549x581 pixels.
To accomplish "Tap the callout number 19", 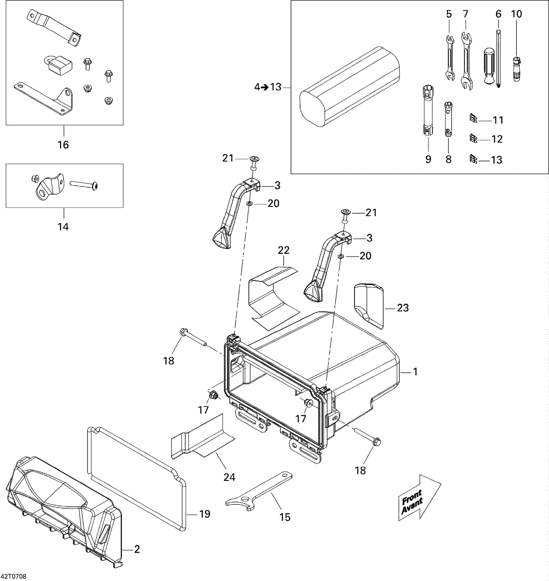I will pos(205,514).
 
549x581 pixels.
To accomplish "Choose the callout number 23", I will pos(403,308).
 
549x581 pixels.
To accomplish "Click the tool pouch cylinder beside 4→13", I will pos(350,87).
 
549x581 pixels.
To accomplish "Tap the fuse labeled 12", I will pos(473,138).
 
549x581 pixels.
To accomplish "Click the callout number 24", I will pos(229,477).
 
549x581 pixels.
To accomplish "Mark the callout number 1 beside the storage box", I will pos(415,372).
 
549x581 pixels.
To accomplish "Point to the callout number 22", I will pos(284,250).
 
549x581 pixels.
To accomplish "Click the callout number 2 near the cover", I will pos(137,549).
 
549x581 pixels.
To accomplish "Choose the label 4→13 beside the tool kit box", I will pos(268,87).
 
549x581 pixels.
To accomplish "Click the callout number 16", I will pos(63,145).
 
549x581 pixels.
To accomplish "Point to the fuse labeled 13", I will pos(473,159).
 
